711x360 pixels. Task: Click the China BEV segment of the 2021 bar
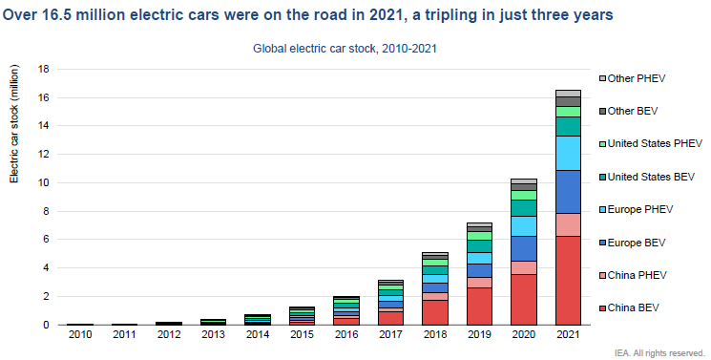tap(567, 280)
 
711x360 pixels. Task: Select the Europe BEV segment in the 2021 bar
tap(567, 191)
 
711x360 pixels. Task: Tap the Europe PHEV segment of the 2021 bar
tap(567, 153)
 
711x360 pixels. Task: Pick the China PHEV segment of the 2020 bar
tap(523, 267)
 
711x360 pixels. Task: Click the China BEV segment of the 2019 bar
tap(479, 306)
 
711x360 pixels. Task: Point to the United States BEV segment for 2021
tap(567, 126)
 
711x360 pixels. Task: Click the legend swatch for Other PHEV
tap(603, 78)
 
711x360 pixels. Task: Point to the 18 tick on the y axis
tap(43, 69)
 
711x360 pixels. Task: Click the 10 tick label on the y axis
tap(43, 182)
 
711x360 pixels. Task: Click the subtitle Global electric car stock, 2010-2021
tap(345, 48)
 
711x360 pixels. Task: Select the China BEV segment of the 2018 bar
tap(435, 312)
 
